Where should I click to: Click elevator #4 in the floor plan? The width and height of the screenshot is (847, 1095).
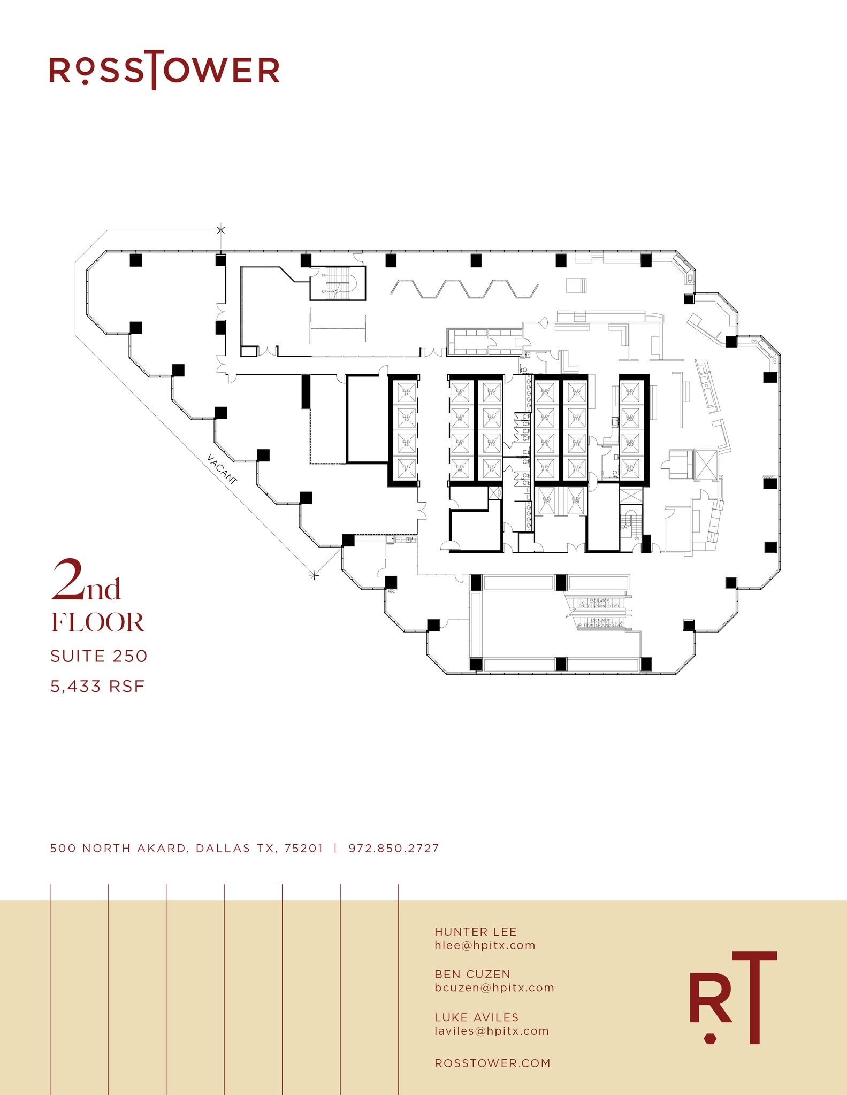[406, 392]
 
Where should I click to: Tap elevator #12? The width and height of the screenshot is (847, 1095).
[491, 392]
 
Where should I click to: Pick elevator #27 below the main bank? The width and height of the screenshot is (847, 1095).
[546, 500]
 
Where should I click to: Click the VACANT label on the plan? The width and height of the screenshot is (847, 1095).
[222, 469]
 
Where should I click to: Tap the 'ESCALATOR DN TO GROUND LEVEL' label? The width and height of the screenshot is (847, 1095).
[599, 604]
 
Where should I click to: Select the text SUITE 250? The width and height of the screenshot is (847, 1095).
[98, 656]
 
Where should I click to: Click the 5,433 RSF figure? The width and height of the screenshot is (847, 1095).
[97, 686]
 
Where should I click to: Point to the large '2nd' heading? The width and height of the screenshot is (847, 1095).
[86, 581]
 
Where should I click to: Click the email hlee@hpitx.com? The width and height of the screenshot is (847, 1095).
[484, 945]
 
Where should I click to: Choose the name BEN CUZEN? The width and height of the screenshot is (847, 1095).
[472, 974]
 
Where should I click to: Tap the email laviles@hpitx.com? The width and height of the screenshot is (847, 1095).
[491, 1031]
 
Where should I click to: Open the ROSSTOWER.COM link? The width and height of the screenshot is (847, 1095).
[492, 1063]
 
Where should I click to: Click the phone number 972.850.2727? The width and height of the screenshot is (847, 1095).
[393, 849]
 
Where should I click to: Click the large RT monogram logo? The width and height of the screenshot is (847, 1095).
[732, 999]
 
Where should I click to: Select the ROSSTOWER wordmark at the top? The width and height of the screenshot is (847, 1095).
[164, 70]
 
